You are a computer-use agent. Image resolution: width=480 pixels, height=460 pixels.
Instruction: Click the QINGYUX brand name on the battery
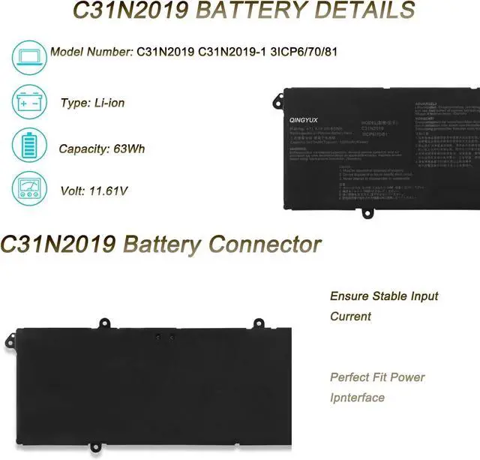coord(304,117)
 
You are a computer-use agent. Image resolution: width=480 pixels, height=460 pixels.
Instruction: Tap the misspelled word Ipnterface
coord(357,398)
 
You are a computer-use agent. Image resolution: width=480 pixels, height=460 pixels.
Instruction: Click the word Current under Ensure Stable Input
coord(350,317)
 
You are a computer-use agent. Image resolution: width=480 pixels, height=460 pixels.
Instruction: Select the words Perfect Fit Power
coord(377,377)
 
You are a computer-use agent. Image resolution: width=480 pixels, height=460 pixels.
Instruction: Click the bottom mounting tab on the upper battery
coord(367,212)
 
